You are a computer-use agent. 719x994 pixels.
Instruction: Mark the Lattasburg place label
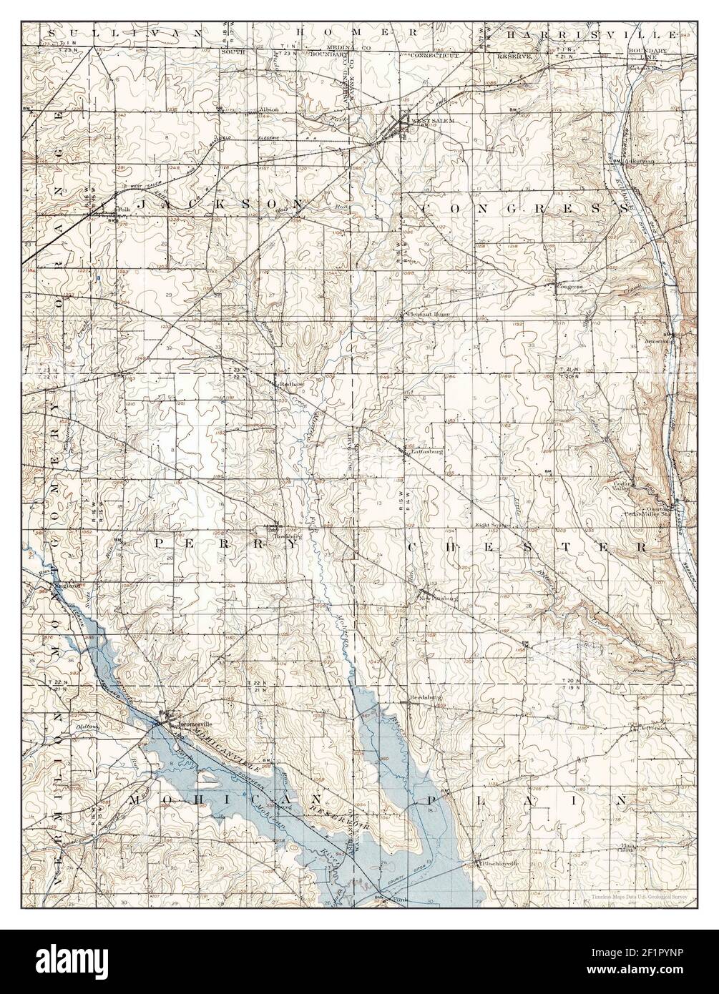tap(423, 451)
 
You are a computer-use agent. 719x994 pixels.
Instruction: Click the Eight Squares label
tap(492, 525)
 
